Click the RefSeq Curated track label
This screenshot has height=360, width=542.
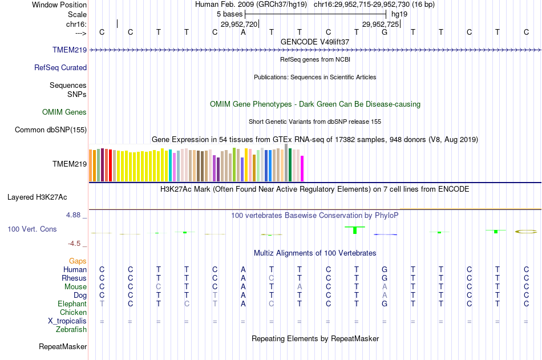[x=60, y=67]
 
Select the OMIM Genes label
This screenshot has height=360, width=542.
[x=64, y=112]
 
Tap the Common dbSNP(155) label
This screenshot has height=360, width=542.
[x=51, y=130]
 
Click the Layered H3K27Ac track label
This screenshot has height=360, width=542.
[x=37, y=197]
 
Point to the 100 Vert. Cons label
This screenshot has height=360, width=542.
[x=32, y=229]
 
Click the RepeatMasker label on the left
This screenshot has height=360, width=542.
[x=63, y=346]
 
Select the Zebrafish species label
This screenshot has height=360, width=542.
[x=71, y=329]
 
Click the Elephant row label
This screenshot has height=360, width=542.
[x=72, y=304]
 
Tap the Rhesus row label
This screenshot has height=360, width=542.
[x=74, y=278]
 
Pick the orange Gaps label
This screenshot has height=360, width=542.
[x=78, y=261]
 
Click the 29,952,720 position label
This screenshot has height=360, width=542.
[x=239, y=25]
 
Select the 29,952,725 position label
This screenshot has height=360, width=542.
[x=381, y=25]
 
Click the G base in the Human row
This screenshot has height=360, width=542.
[x=385, y=269]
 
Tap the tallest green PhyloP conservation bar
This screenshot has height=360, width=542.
[x=355, y=229]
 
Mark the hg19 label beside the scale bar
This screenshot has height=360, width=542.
[x=399, y=13]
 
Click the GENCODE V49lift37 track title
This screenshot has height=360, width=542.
[x=315, y=42]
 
